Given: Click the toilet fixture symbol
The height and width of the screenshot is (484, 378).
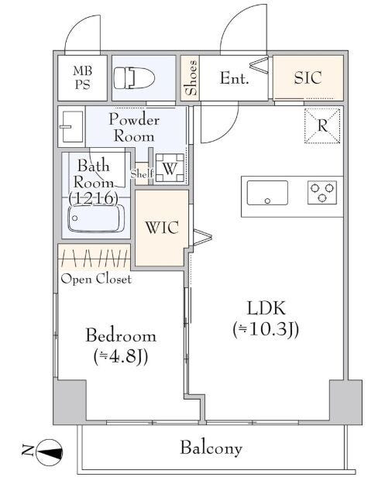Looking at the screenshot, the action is pos(134,77).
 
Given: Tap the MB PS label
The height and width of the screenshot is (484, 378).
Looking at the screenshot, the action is pos(83,77).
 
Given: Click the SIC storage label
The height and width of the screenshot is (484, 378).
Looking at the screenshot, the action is pos(308,77).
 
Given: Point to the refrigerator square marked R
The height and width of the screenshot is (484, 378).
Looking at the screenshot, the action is pos(322,125).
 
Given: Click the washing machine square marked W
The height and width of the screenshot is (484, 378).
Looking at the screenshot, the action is pos(170,168).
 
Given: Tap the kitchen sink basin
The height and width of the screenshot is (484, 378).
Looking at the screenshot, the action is pos(267,193).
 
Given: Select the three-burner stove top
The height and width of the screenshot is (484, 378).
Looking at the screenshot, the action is pos(322,192).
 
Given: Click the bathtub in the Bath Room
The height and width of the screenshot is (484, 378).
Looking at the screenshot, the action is pos(96,218).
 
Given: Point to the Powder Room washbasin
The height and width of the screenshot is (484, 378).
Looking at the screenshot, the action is pos(72,126).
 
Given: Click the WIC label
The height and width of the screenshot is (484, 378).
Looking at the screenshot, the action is pos(162,228).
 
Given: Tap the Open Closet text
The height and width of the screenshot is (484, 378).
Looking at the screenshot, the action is pos(96,279).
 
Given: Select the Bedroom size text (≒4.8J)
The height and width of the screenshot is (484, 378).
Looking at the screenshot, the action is pos(121,356).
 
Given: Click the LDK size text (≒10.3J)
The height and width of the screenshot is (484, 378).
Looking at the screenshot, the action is pos(266,329).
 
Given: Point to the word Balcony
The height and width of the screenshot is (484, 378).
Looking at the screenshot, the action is pos(211,448).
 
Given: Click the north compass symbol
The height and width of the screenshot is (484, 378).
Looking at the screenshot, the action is pos(50,452).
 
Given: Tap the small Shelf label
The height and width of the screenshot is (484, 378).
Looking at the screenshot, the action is pos(142,173).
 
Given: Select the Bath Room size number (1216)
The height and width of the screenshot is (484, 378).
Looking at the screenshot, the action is pos(93,198).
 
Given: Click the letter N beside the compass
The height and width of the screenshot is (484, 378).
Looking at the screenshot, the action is pos(27,451).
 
